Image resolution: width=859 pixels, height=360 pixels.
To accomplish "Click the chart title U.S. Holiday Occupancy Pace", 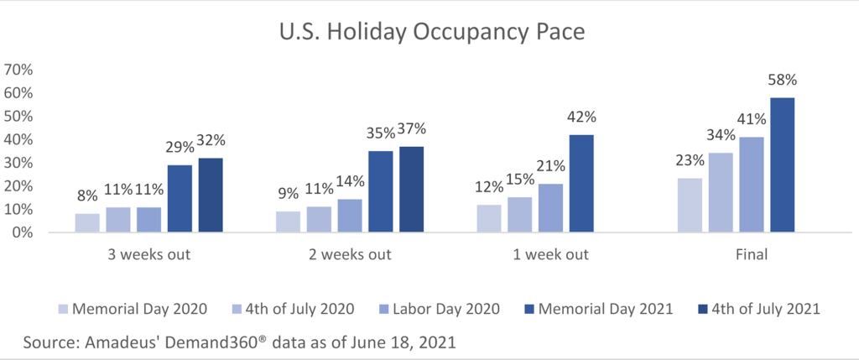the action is coord(432,33).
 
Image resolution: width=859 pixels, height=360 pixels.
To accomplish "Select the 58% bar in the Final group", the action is coord(783,165).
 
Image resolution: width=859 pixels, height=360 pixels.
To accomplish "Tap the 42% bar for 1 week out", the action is coord(581,184).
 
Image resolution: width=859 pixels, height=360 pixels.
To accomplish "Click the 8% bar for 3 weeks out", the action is coord(87,223).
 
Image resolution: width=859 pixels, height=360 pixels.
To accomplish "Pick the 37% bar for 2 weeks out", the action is coord(411,190).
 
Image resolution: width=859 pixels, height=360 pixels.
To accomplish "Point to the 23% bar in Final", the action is coord(690,206).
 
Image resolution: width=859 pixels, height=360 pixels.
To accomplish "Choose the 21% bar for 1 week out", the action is coord(550,208).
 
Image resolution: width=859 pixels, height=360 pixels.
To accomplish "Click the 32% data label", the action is coord(211,140).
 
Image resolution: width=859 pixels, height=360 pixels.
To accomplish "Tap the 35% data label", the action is coord(380,133).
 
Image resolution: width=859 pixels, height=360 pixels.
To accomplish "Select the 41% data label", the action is coord(751,119).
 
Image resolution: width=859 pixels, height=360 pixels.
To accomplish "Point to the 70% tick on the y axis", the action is coord(19,70).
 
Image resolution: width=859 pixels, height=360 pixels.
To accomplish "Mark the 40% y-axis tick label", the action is coord(19,140).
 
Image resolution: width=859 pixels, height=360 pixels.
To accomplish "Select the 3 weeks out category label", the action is coord(149,255).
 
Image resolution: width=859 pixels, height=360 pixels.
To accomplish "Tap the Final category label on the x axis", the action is coord(752,255).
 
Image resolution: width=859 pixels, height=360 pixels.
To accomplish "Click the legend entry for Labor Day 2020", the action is coord(440,309).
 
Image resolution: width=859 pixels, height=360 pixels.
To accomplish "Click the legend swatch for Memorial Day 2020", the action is coord(63,309).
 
